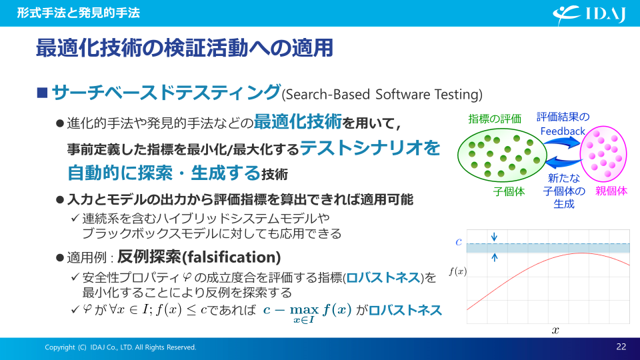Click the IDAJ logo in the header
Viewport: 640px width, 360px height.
589,15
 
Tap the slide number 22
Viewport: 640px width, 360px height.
621,347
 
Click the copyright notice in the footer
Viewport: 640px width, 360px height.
121,347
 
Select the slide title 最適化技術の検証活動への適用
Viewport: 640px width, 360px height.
185,48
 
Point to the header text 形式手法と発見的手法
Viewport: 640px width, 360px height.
79,13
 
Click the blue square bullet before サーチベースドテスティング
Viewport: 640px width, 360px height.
42,93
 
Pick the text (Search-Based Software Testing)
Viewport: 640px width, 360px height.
382,94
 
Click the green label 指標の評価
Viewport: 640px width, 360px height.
495,119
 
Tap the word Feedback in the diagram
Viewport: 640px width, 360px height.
563,131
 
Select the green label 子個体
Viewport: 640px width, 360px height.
509,191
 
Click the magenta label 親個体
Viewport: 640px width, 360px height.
611,191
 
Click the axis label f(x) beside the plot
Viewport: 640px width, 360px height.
457,271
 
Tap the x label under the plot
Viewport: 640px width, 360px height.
555,330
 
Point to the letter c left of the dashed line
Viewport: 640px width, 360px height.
459,242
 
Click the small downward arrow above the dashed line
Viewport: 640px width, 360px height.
494,237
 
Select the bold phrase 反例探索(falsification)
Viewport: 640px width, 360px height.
199,257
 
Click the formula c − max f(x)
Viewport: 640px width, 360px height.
307,313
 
